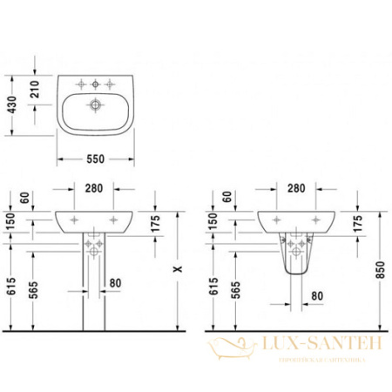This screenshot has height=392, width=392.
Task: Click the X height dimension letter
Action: click(x=179, y=270)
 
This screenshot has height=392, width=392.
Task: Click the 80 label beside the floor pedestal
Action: click(x=116, y=282)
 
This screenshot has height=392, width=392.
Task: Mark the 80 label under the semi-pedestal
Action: click(x=316, y=296)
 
